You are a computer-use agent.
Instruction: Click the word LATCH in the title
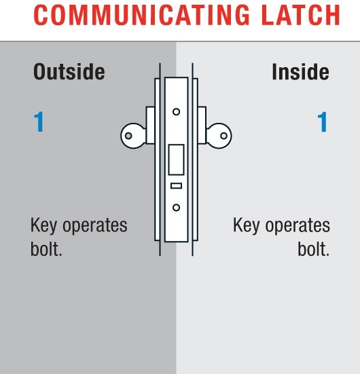click(x=301, y=15)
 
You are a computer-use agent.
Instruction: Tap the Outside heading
click(x=69, y=71)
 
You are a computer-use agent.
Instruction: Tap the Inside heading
click(x=300, y=71)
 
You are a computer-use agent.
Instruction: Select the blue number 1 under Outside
click(x=39, y=121)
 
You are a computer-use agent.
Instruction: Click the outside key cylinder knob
click(x=133, y=136)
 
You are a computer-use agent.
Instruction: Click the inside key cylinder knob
click(x=219, y=136)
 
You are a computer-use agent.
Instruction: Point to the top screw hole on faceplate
click(x=176, y=111)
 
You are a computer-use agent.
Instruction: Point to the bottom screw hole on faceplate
click(x=176, y=208)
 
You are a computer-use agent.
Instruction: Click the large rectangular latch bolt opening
click(x=176, y=160)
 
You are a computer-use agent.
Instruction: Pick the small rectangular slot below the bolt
click(x=176, y=185)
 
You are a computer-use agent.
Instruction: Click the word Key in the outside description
click(x=43, y=225)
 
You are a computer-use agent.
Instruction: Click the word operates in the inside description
click(x=298, y=225)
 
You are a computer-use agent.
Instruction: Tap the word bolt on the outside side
click(x=46, y=249)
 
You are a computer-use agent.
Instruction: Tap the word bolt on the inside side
click(x=313, y=249)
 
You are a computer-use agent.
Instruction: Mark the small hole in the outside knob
click(x=128, y=136)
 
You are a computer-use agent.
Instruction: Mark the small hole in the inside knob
click(x=223, y=136)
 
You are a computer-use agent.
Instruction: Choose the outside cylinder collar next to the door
click(x=150, y=125)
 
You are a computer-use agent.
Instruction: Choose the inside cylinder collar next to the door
click(x=202, y=125)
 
